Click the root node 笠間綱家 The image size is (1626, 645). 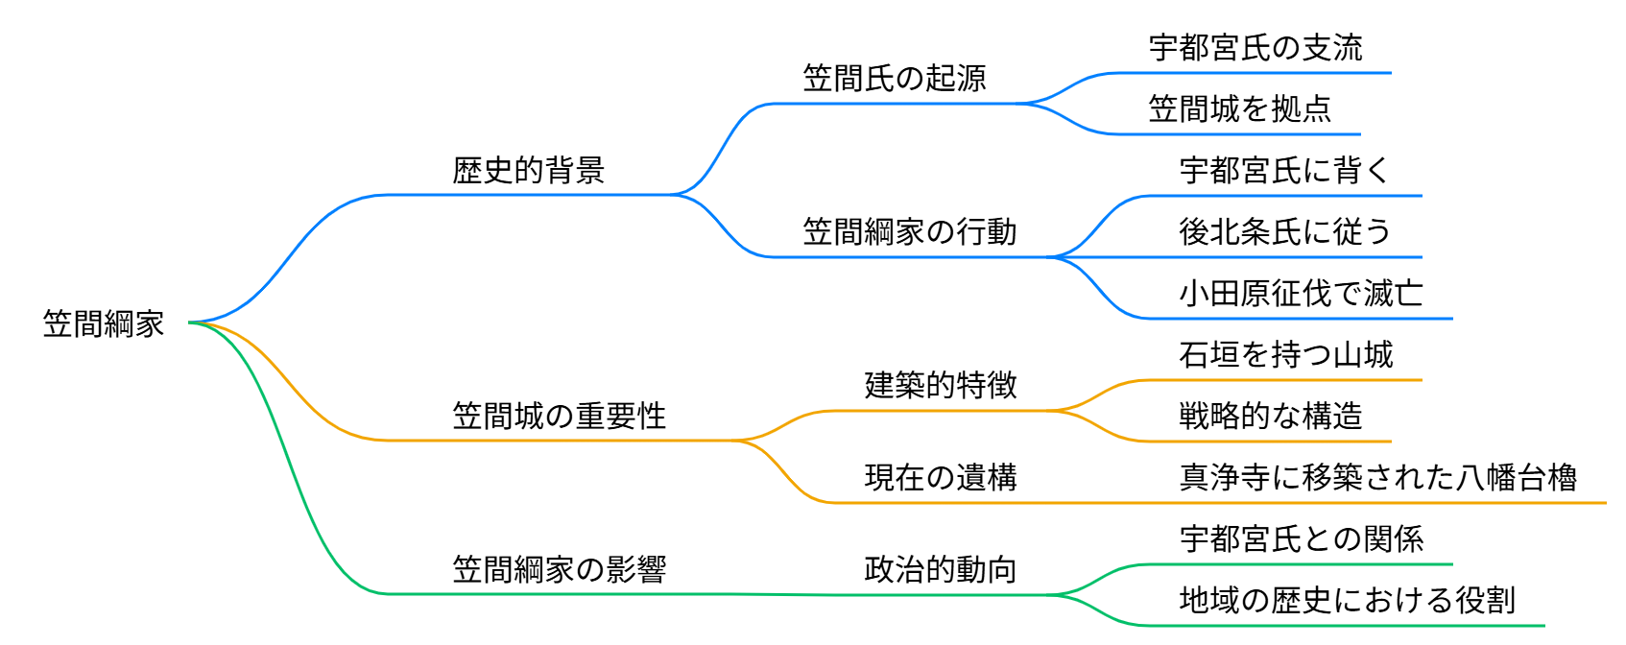coord(104,324)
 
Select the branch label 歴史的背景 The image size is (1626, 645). coord(528,171)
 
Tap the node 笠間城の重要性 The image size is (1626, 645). coord(559,417)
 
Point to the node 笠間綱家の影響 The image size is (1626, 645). coord(559,570)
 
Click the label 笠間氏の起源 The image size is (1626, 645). coord(894,79)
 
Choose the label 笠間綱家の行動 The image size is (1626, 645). coord(909,232)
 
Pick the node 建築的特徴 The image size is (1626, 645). coord(940,386)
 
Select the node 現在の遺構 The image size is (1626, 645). coord(940,478)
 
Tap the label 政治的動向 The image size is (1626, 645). coord(940,570)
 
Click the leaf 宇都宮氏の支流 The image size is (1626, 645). coord(1255,48)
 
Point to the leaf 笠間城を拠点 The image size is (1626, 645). coord(1239,109)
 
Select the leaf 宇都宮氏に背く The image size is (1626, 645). coord(1285,171)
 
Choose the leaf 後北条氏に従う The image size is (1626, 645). coord(1285,232)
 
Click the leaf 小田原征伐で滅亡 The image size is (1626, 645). coord(1301,294)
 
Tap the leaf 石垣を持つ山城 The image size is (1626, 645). coord(1285,355)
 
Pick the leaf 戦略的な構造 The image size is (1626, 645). coord(1270,417)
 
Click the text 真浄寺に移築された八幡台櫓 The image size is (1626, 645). coord(1377,478)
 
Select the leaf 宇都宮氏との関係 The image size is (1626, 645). coord(1301,539)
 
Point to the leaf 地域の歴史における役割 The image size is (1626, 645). coord(1347,601)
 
